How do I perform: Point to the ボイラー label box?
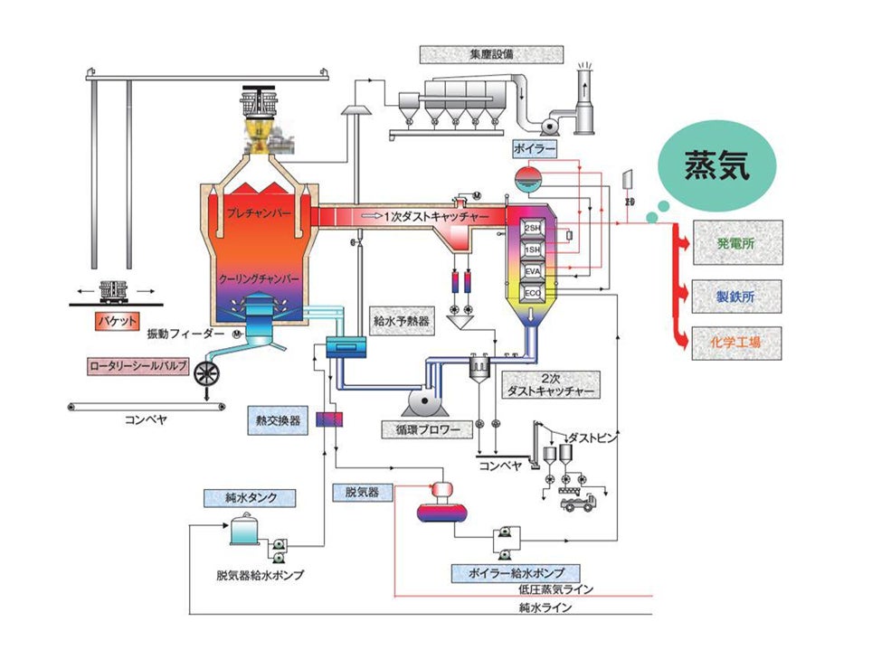pyautogui.click(x=534, y=147)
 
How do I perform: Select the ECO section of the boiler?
pyautogui.click(x=533, y=292)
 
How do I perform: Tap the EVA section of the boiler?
pyautogui.click(x=533, y=270)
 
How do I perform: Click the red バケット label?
pyautogui.click(x=115, y=320)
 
